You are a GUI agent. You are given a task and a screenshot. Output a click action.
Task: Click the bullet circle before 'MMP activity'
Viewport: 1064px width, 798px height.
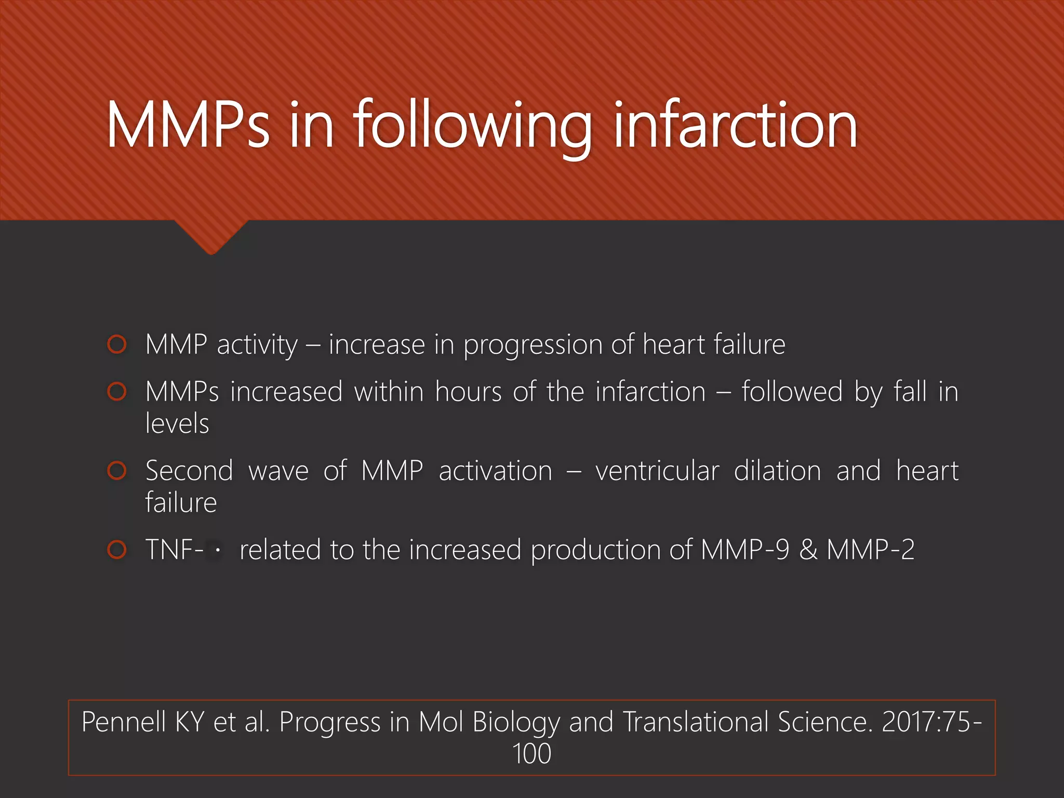[x=117, y=344]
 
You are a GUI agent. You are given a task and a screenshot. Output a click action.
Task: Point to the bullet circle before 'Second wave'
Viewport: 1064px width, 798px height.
[x=117, y=471]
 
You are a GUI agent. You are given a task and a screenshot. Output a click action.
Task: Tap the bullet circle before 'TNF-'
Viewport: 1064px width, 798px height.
[x=117, y=550]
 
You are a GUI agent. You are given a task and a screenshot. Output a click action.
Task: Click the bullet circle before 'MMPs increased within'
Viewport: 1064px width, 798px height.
[x=117, y=392]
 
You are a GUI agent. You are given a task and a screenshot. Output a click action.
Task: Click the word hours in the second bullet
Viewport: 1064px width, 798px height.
[x=468, y=392]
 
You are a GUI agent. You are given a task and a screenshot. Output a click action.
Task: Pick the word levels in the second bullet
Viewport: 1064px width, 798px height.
[x=177, y=423]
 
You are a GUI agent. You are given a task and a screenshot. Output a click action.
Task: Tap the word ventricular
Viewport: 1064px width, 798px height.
[x=657, y=471]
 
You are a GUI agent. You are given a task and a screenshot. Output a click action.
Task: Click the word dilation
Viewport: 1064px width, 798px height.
[x=777, y=471]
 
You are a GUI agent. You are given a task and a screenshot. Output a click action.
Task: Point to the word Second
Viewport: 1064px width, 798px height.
[x=189, y=471]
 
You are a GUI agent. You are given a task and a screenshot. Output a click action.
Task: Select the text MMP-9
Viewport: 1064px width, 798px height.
[x=744, y=550]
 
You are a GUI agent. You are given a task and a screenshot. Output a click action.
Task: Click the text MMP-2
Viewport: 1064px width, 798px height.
[x=870, y=550]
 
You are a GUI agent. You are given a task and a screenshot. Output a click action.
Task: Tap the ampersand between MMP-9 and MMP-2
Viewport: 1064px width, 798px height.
[x=808, y=550]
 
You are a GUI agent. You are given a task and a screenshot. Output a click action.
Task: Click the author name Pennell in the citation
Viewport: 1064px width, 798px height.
[x=123, y=722]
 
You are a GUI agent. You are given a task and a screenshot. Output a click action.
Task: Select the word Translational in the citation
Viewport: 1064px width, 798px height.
[x=695, y=722]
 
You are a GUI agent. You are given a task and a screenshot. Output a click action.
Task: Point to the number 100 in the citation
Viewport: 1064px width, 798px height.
[x=531, y=754]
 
